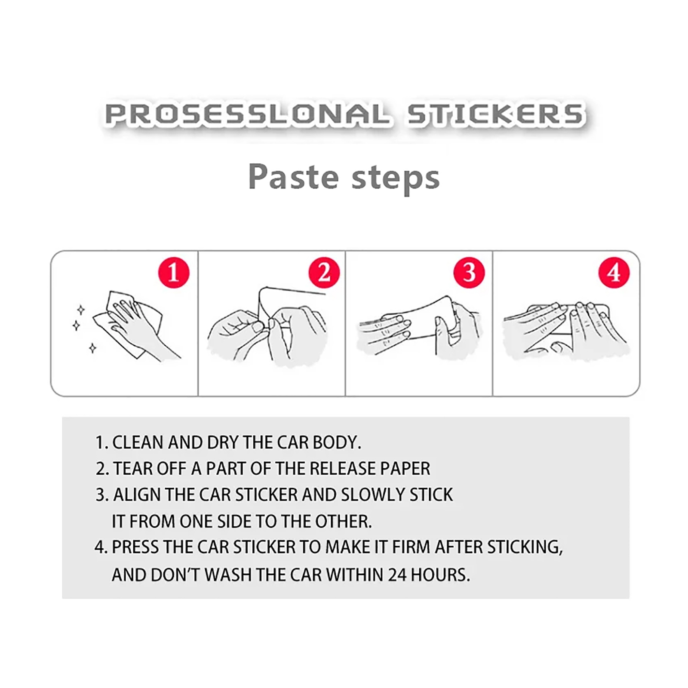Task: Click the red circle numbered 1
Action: (174, 273)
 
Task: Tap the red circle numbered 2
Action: (324, 273)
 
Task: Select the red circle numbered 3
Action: (469, 273)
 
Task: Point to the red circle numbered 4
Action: (614, 273)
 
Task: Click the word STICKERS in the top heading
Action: (495, 114)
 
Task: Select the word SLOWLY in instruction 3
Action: (373, 494)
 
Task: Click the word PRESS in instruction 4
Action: (135, 547)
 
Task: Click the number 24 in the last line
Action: (397, 575)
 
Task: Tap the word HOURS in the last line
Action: (440, 575)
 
